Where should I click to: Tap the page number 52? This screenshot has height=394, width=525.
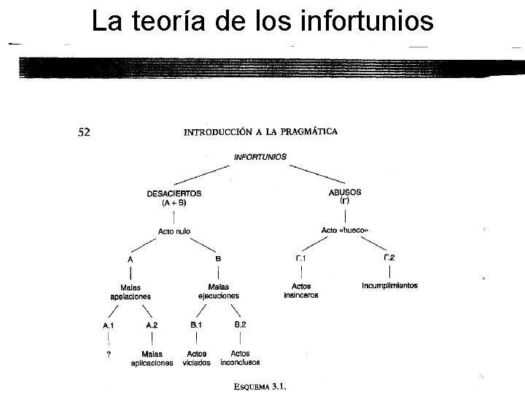[x=85, y=132]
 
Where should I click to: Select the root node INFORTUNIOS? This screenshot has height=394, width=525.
[x=260, y=156]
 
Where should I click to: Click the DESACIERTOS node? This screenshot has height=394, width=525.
[x=174, y=198]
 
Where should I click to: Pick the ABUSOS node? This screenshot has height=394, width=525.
[x=345, y=196]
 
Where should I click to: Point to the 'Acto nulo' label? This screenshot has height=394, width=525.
[x=174, y=231]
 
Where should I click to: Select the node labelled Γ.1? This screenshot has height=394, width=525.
[x=300, y=258]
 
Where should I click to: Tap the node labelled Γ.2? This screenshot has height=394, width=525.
[x=389, y=258]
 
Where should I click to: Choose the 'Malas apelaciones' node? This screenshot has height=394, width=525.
[x=131, y=292]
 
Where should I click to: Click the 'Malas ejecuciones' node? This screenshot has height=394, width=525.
[x=218, y=292]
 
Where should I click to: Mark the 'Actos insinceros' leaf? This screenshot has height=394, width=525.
[x=300, y=291]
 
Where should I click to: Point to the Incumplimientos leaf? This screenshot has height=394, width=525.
[x=389, y=285]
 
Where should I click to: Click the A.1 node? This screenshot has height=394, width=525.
[x=109, y=325]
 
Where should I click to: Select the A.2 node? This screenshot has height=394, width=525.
[x=152, y=325]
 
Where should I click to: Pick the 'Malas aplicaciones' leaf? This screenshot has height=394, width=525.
[x=152, y=358]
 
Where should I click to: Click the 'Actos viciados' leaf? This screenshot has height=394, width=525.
[x=196, y=358]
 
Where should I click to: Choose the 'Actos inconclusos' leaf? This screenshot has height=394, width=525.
[x=240, y=358]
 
